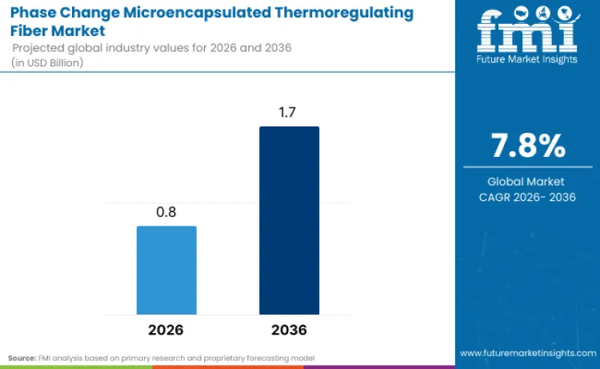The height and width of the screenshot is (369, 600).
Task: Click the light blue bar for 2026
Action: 166,270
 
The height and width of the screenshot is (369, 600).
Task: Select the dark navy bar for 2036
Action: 289,220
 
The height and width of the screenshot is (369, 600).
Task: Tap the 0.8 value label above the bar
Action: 166,213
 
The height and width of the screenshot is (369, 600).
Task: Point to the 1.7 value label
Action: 289,113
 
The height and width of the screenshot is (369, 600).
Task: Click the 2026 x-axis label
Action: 166,330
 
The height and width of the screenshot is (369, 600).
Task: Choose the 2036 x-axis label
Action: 289,330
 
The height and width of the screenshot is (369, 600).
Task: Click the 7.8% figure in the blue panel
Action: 527,146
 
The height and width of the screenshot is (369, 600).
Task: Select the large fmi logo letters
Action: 527,32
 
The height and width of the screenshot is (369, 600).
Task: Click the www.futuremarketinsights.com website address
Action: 527,352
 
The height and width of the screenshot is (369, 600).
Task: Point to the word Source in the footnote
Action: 22,357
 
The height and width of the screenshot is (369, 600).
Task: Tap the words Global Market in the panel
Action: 527,182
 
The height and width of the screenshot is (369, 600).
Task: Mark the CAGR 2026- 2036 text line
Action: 527,197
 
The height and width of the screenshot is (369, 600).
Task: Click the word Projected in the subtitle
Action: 38,49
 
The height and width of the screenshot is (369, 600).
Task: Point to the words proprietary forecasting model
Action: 265,357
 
